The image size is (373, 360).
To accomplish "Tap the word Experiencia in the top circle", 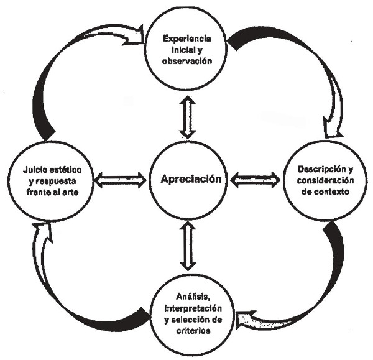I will tap(187, 39).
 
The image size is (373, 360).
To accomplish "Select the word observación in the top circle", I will tap(187, 62).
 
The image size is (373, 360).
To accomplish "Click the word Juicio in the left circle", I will tap(37, 169).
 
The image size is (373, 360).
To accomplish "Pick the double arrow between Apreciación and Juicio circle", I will tap(121, 180).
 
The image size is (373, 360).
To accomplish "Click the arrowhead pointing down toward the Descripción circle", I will tap(332, 131).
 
